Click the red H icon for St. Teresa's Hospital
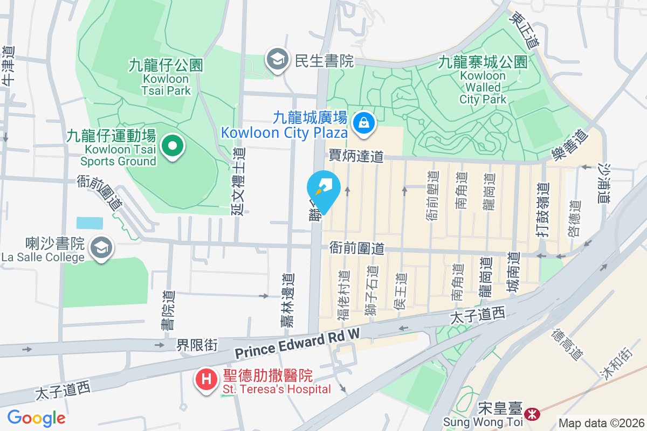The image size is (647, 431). coord(206,379)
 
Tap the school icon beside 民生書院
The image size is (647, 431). coord(278,61)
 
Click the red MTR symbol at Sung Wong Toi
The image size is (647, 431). coord(533,414)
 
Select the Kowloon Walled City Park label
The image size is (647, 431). coord(483,81)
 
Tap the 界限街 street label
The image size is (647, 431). coord(197,345)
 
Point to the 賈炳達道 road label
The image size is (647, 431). coord(356,156)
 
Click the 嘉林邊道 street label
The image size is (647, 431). coord(288,300)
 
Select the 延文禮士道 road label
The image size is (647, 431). coord(238,181)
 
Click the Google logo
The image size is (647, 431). coord(36,418)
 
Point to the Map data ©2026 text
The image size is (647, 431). coord(601,423)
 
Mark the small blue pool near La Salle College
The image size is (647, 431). coord(89,223)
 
